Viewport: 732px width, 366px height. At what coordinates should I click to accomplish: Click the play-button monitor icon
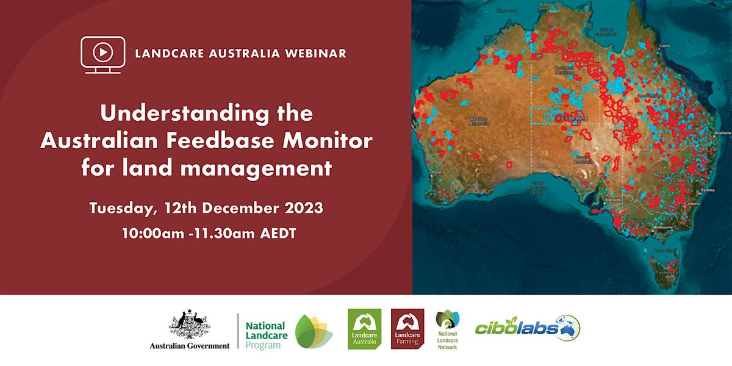[102, 54]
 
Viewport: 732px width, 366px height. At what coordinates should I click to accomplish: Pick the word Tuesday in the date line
[124, 208]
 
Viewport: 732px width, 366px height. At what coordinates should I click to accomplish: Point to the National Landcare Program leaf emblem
[314, 331]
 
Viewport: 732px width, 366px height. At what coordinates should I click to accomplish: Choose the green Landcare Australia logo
[364, 329]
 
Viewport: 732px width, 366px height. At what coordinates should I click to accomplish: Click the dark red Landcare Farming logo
[407, 329]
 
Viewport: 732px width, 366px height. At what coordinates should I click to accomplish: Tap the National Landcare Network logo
[448, 329]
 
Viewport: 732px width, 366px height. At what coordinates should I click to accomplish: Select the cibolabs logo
[528, 328]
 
